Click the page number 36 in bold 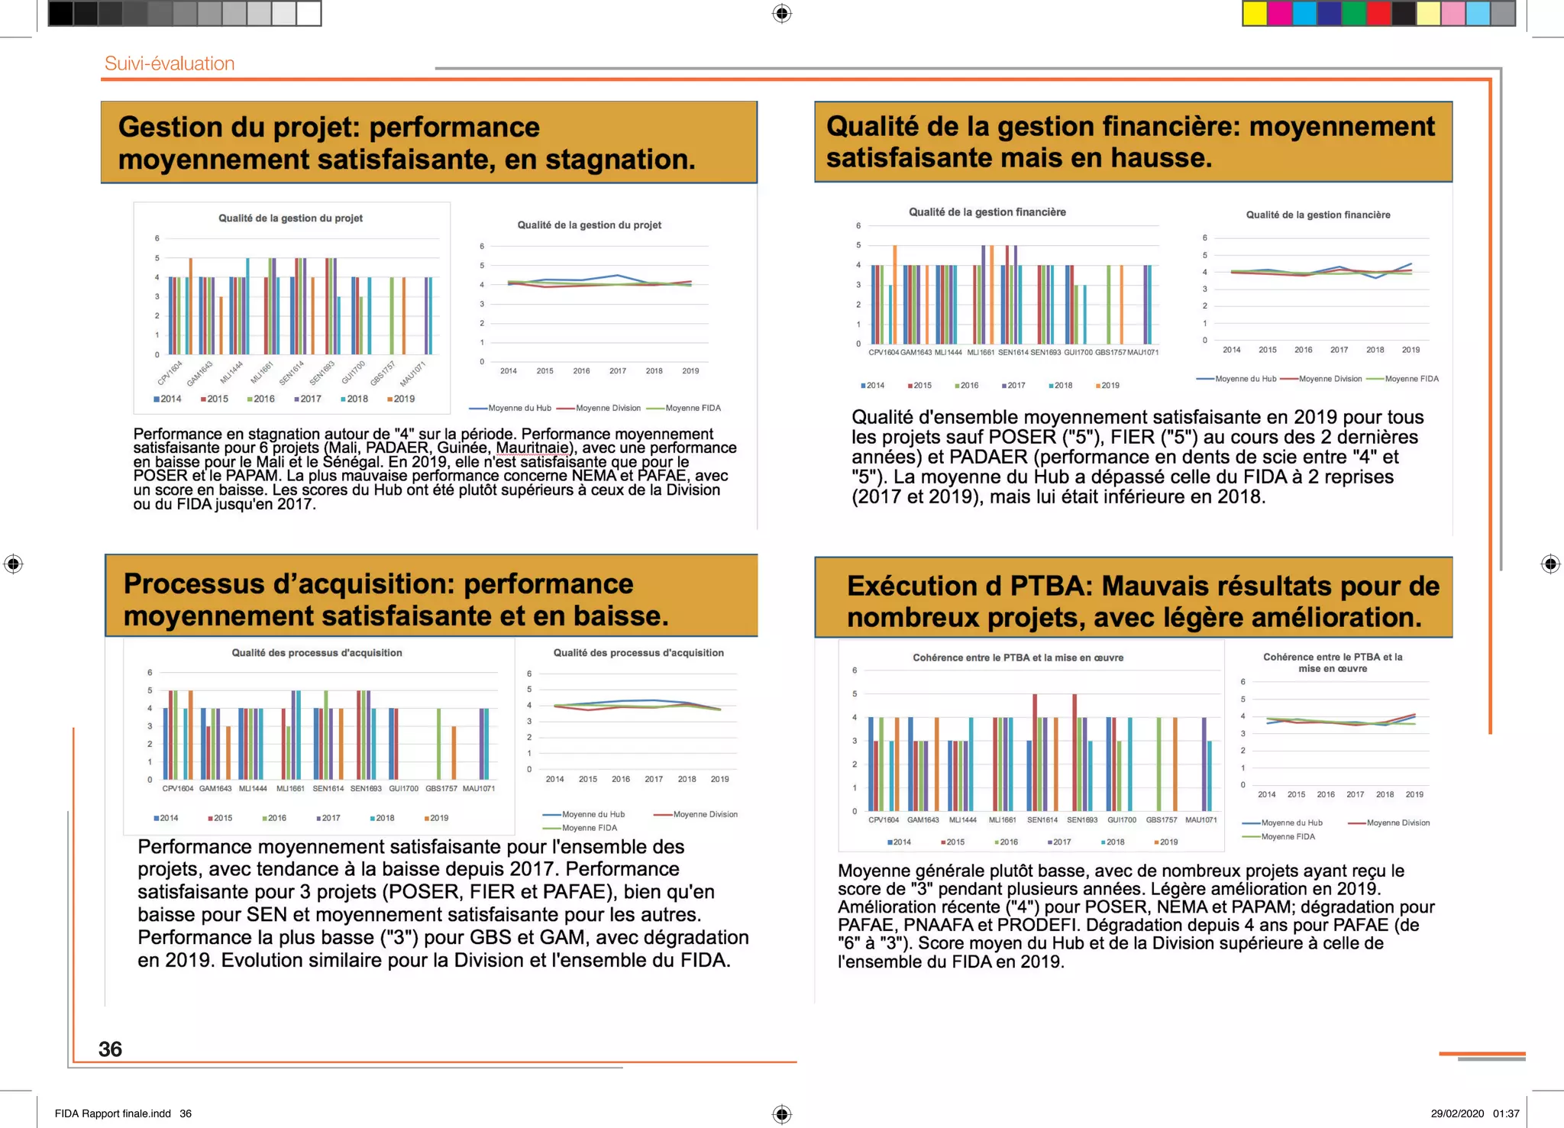click(110, 1049)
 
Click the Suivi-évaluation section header click(170, 63)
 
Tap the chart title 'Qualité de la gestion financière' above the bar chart click(987, 212)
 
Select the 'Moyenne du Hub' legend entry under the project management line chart click(519, 408)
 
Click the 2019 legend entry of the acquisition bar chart click(438, 818)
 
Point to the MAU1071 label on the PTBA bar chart click(1200, 819)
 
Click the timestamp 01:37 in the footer click(1506, 1113)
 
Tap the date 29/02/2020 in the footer click(1457, 1113)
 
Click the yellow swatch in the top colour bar click(1255, 14)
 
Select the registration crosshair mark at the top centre click(782, 14)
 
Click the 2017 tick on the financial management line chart click(1339, 350)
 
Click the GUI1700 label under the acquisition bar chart click(403, 788)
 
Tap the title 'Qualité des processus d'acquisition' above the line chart click(638, 653)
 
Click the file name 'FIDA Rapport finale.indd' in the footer click(113, 1113)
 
